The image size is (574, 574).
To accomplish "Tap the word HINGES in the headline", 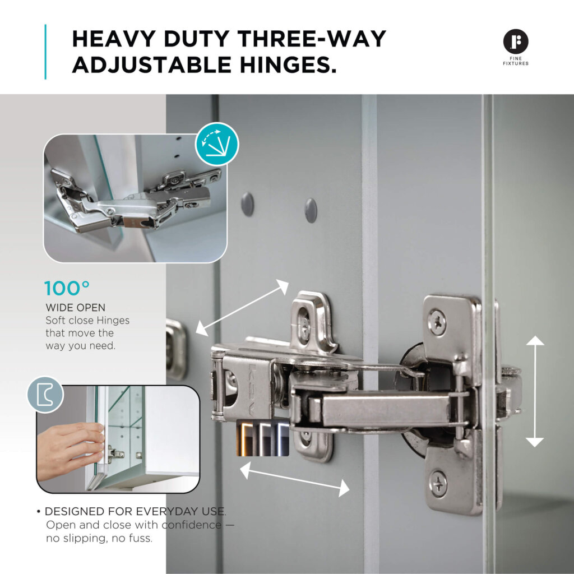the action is coord(289,65).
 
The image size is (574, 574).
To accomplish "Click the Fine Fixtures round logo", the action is coord(516,41).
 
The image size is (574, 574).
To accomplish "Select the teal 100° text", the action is coord(67,289).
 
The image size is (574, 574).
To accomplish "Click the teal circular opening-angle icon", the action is coord(217,144).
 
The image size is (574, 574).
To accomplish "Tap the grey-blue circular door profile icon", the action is coord(45,395).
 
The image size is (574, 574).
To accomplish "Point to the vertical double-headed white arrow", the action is coord(535,391).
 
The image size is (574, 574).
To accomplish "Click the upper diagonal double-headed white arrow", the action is coord(242,308).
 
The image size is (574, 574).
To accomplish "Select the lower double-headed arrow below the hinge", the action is coord(294,479).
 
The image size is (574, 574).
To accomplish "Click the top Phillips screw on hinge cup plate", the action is coord(438,322).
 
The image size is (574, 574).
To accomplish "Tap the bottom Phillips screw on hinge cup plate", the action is coord(438,484).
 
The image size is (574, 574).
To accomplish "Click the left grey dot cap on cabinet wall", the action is coord(247,203).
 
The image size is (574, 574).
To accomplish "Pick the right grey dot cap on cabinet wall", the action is coord(311,210).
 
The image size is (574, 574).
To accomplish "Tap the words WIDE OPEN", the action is coord(76,308).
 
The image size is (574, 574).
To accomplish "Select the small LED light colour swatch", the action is coord(263,438).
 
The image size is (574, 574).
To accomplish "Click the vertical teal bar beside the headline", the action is coord(45,52).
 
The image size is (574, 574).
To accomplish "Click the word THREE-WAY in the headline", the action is coord(312,39).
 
